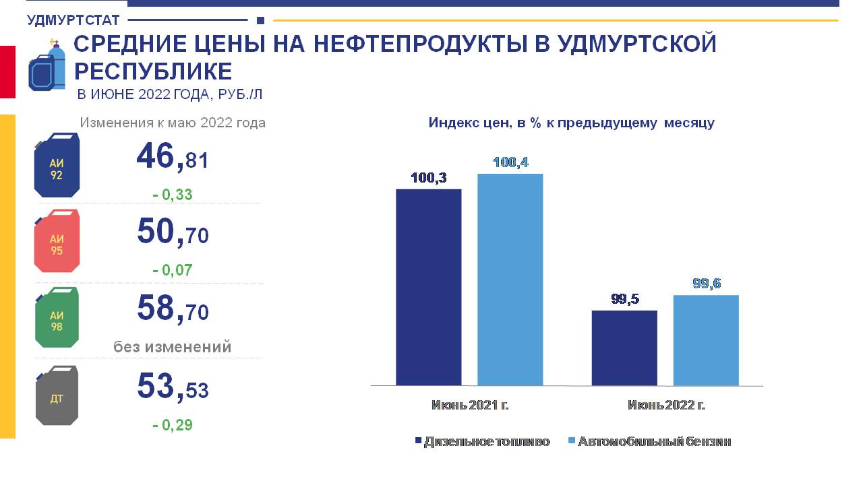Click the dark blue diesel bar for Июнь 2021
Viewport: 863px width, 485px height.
click(428, 287)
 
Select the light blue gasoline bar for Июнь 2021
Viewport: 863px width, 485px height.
click(510, 280)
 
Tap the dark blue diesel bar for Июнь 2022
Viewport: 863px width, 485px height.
click(624, 348)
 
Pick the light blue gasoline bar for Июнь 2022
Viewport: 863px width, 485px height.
click(706, 340)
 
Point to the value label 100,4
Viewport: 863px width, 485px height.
click(510, 162)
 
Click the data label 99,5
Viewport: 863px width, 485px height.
click(625, 298)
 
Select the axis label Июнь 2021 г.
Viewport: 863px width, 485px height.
click(470, 405)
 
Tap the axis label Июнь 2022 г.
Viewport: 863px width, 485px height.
click(666, 405)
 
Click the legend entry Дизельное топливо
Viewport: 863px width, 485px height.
click(483, 441)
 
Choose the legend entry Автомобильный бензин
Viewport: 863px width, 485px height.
click(650, 441)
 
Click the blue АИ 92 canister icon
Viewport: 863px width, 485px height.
click(57, 165)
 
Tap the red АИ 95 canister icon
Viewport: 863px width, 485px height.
click(57, 241)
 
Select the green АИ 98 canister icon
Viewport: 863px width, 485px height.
click(57, 317)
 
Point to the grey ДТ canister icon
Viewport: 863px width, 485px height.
click(57, 395)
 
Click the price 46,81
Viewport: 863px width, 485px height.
click(173, 157)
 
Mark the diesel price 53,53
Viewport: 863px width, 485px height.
click(173, 387)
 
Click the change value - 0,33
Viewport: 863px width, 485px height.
click(172, 195)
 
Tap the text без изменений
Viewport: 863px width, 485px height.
click(172, 347)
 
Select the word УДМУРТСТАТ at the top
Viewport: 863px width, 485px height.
click(73, 20)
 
